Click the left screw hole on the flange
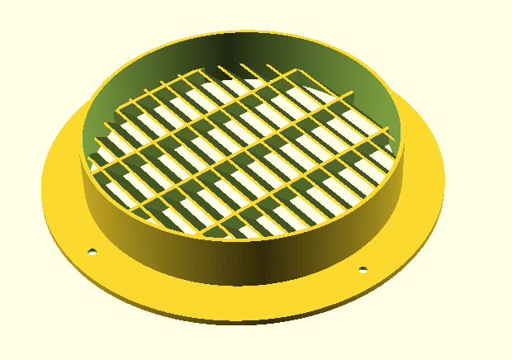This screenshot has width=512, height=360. (x=92, y=251)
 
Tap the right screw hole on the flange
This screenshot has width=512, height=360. (x=362, y=269)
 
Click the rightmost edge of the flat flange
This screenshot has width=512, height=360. (x=443, y=178)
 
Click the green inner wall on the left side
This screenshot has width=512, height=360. (x=103, y=107)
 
